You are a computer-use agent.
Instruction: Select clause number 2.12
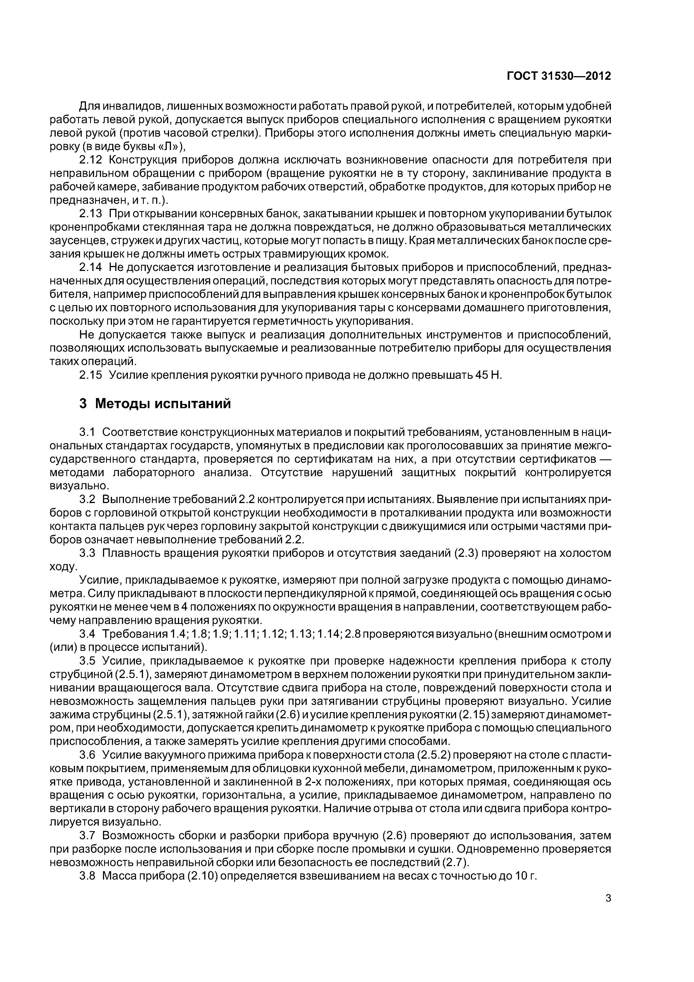[91, 160]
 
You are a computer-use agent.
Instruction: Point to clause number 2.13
[91, 213]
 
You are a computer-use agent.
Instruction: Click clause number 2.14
[91, 267]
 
